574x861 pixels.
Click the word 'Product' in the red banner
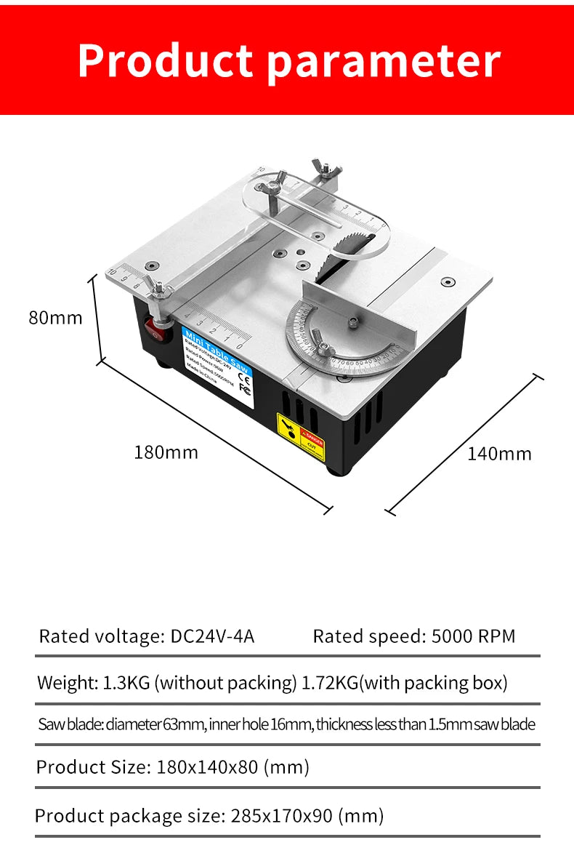point(166,60)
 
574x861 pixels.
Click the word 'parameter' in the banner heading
point(384,62)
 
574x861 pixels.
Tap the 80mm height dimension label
point(56,318)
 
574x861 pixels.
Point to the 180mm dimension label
point(166,452)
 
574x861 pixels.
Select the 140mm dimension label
point(499,454)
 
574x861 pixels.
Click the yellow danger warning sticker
point(300,436)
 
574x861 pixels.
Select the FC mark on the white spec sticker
point(245,390)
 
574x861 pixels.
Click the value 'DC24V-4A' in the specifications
point(212,636)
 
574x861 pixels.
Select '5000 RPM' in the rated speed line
point(473,636)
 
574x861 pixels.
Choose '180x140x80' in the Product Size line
point(207,767)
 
